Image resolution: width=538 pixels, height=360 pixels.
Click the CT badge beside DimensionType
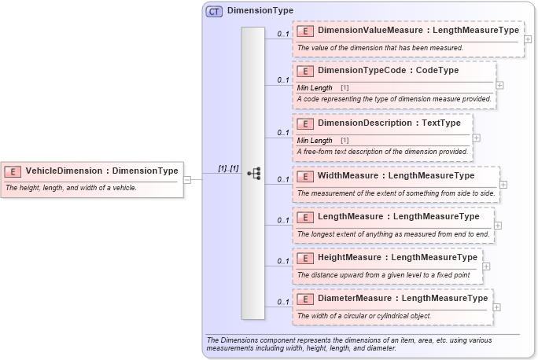tap(214, 11)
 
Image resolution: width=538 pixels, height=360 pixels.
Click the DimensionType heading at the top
tap(260, 11)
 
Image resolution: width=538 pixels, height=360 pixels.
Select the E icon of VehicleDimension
tap(13, 171)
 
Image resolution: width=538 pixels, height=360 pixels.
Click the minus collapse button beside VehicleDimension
tap(187, 179)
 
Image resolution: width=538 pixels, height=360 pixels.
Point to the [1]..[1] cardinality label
tap(228, 169)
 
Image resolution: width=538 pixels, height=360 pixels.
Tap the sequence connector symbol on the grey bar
tap(253, 174)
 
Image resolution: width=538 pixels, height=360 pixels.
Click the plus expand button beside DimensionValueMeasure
tap(528, 39)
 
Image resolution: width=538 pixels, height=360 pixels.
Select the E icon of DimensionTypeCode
tap(306, 71)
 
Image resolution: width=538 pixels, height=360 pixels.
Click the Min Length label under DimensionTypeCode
tap(315, 87)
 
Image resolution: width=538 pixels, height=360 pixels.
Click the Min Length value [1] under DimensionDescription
tap(345, 140)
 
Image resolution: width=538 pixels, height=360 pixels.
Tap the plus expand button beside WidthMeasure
tap(503, 185)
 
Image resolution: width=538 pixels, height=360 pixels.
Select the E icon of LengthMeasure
tap(306, 216)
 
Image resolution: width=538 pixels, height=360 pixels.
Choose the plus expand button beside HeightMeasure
tap(486, 266)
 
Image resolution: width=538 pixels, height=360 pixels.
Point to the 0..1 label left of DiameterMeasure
tap(283, 302)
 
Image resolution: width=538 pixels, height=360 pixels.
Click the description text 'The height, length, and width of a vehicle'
tap(72, 188)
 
